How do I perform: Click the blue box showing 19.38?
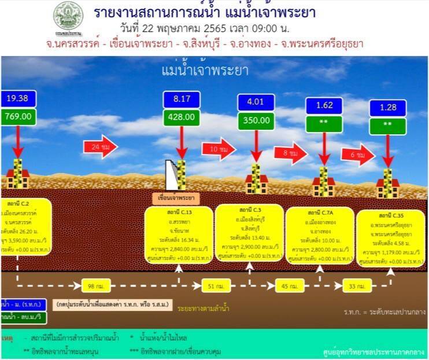click(x=17, y=98)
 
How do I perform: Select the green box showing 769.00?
click(x=17, y=116)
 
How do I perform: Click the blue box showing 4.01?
click(x=255, y=103)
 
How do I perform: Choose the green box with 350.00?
click(x=255, y=120)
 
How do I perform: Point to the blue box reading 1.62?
click(x=324, y=106)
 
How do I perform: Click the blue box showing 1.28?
click(x=387, y=108)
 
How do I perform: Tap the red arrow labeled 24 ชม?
click(x=99, y=147)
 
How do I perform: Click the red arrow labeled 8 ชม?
click(x=291, y=153)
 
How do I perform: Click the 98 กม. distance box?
click(x=91, y=285)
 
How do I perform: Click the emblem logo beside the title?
click(x=68, y=16)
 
